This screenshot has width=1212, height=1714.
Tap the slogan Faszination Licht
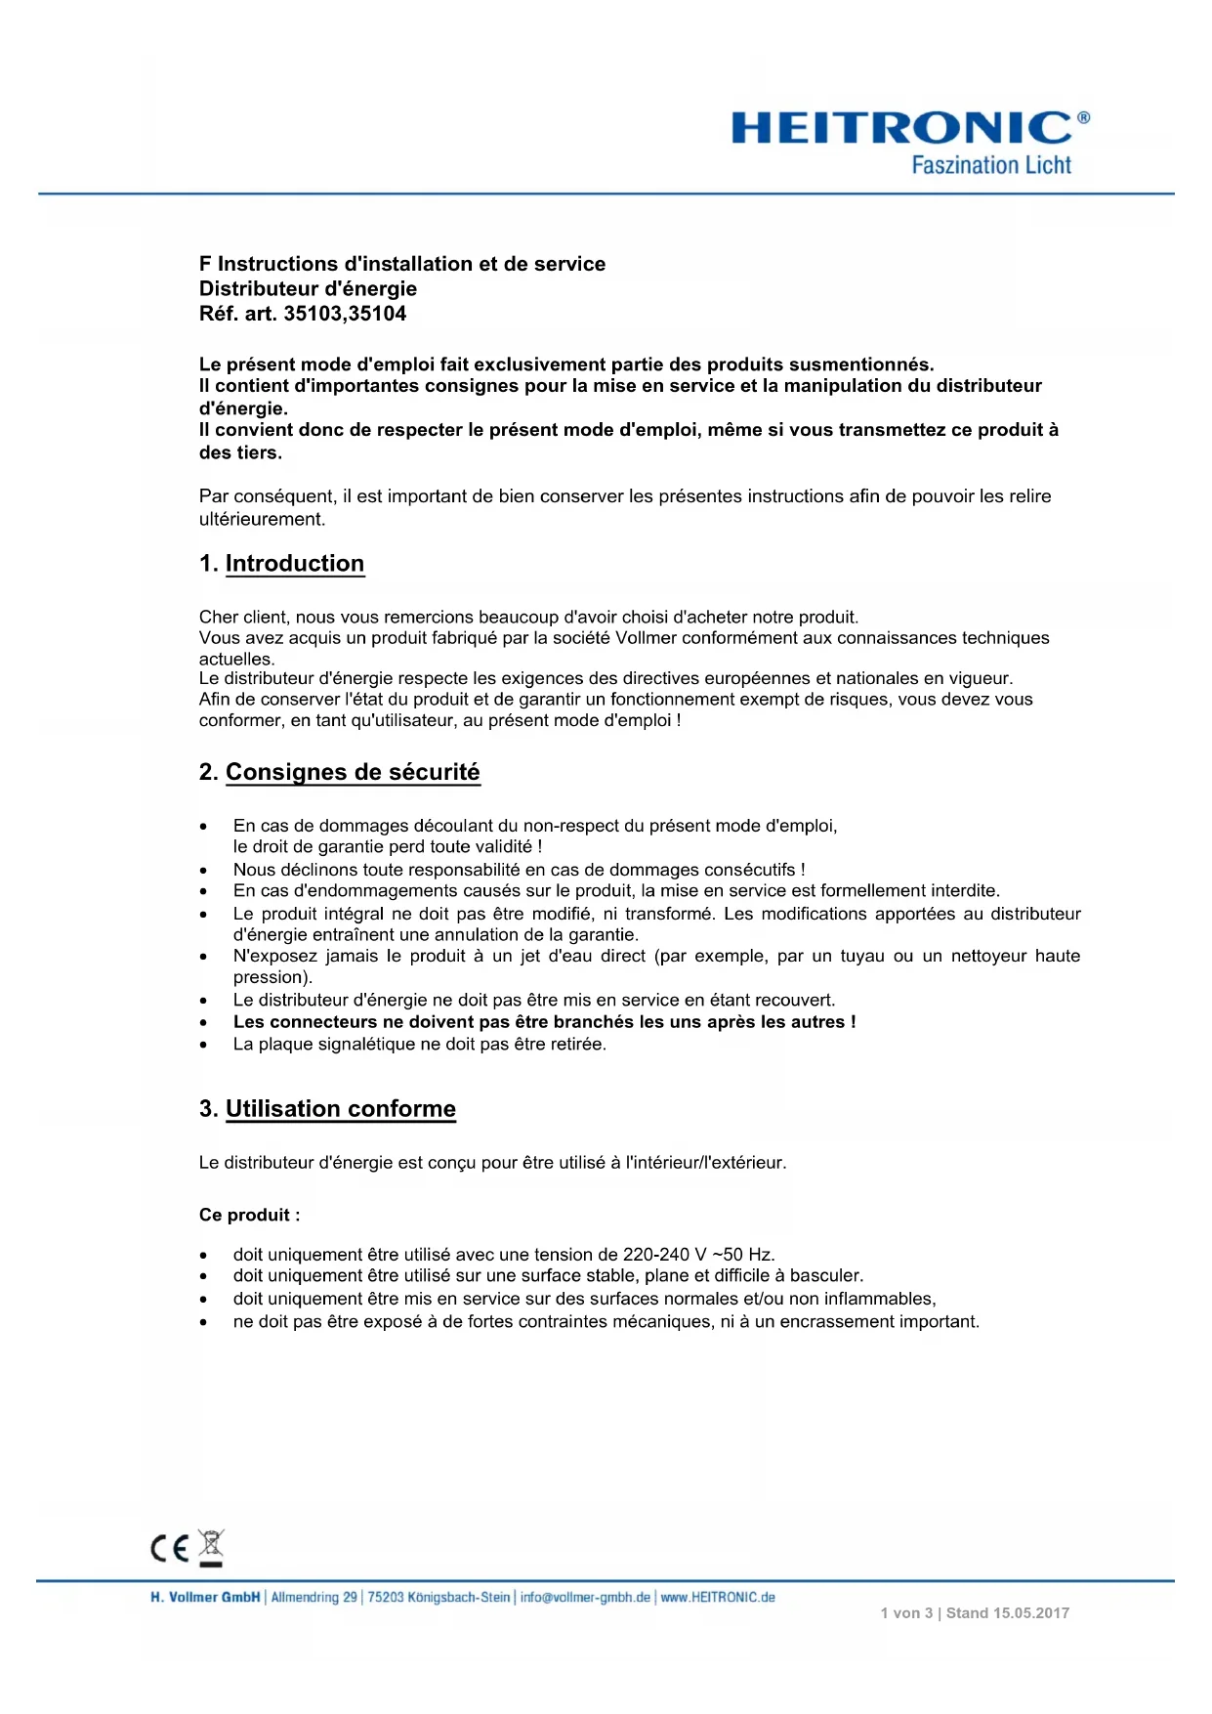click(x=990, y=165)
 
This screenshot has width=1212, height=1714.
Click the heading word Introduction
click(x=295, y=564)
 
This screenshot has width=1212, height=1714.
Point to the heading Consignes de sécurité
click(x=353, y=772)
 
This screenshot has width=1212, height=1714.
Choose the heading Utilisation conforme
click(x=341, y=1109)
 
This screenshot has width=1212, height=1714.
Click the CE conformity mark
click(x=170, y=1548)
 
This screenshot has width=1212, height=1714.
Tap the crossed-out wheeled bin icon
click(x=211, y=1547)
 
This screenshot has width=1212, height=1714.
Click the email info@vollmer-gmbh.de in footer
click(x=585, y=1598)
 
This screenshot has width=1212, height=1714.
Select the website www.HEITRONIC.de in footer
click(x=718, y=1598)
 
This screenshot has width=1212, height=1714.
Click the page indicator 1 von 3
click(x=906, y=1613)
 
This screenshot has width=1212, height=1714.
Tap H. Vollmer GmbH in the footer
click(x=205, y=1598)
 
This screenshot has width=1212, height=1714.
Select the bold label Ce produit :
click(x=249, y=1215)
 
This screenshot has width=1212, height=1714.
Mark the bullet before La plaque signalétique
click(x=203, y=1045)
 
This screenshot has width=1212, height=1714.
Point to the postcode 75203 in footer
click(x=385, y=1598)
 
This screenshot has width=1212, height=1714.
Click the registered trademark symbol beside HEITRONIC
click(x=1083, y=117)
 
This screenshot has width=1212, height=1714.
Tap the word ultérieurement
click(x=262, y=519)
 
